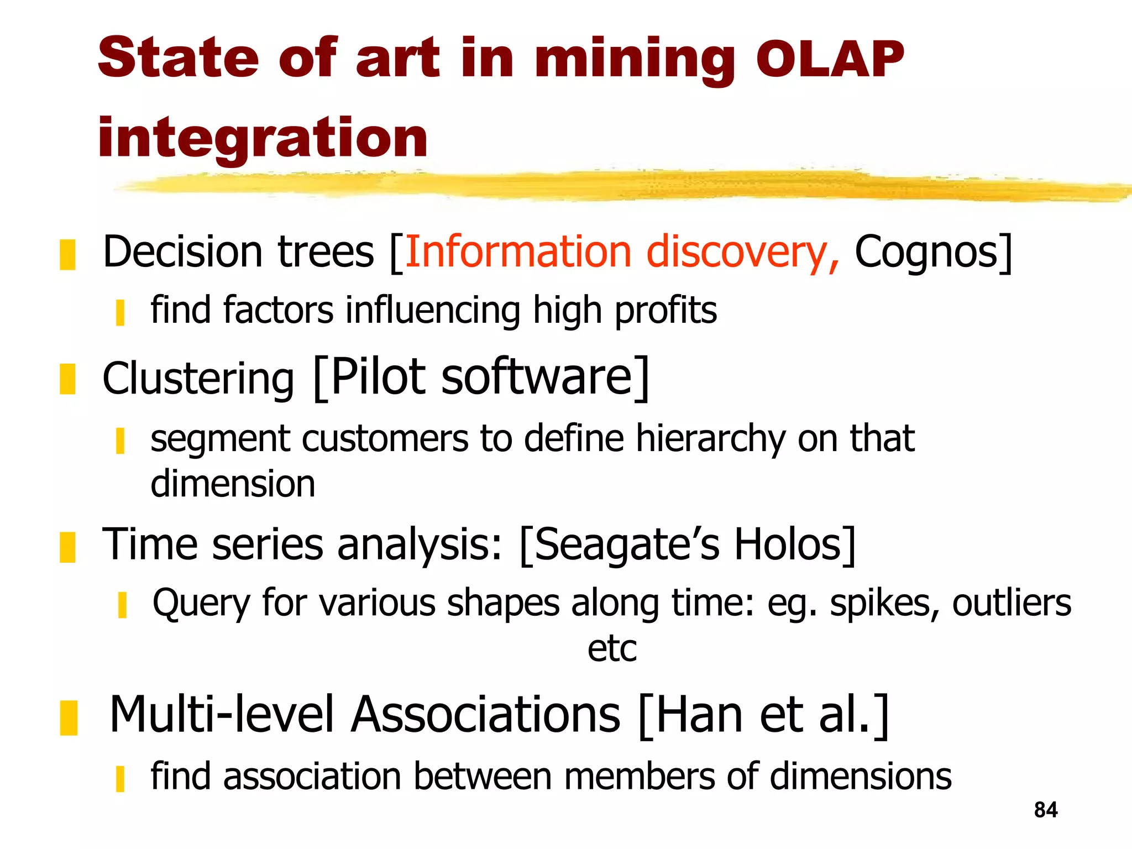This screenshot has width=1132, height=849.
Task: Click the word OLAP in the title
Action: [829, 60]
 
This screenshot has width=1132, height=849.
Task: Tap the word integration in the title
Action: [263, 138]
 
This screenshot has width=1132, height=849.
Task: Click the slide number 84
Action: [1045, 810]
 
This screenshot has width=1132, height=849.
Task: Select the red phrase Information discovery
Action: [622, 252]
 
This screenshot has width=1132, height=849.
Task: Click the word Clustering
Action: [198, 379]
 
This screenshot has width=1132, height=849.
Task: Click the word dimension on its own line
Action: [233, 484]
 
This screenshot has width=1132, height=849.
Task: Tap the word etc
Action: [612, 648]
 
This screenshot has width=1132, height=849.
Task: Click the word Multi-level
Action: [222, 715]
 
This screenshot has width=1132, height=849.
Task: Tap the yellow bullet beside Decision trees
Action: [67, 255]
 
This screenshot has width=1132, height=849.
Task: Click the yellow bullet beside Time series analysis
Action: [67, 547]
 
